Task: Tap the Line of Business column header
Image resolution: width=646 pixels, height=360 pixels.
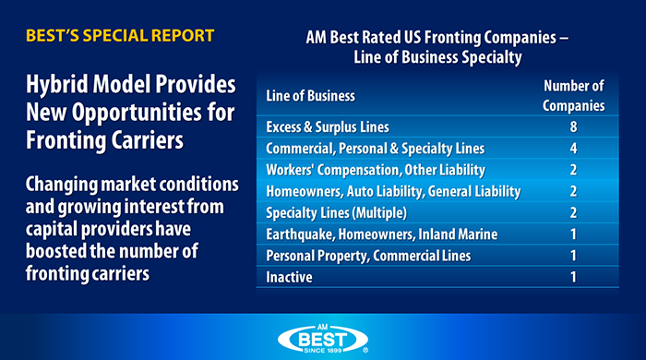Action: pos(310,95)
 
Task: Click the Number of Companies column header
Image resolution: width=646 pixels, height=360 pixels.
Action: pos(574,95)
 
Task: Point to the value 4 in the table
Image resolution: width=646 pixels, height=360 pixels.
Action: pos(574,149)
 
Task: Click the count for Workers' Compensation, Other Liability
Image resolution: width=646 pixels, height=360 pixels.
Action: pos(574,170)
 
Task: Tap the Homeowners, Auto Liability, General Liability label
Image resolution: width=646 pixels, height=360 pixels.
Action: pos(393,191)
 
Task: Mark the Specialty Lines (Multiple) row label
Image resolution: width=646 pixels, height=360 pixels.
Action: pos(336,212)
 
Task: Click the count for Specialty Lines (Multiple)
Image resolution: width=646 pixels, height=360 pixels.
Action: pos(574,212)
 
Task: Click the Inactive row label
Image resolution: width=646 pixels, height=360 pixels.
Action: pos(288,276)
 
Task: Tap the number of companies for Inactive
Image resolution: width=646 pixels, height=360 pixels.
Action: pos(574,276)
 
